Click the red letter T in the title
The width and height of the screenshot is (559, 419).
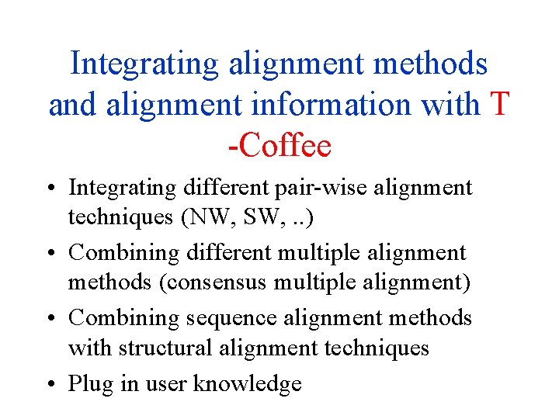coord(500,105)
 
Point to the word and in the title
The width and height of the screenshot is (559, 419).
coord(71,105)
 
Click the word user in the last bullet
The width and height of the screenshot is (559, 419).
coord(165,383)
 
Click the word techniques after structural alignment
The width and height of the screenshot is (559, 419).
coord(374,348)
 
